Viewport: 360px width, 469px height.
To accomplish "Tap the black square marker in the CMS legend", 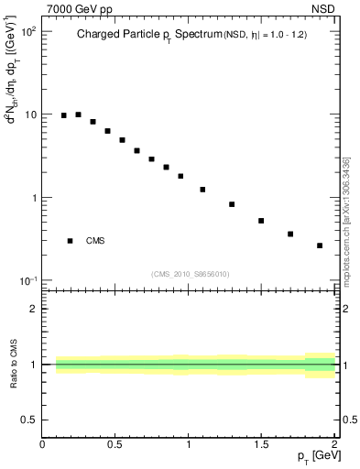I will (x=70, y=241).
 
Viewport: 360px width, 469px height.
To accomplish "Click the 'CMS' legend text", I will (x=95, y=241).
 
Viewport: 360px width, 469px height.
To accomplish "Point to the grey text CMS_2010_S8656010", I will (x=191, y=273).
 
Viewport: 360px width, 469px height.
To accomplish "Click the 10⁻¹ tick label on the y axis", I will (x=28, y=280).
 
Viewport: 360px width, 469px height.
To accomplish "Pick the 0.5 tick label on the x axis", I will (x=115, y=444).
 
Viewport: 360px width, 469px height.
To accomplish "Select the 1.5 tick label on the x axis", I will (x=261, y=444).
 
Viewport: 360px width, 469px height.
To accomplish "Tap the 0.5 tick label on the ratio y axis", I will (x=30, y=420).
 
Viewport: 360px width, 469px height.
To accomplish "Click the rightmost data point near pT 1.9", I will (x=320, y=245).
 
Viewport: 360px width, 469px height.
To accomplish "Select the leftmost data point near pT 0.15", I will (x=64, y=115).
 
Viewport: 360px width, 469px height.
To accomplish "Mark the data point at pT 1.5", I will (x=261, y=221).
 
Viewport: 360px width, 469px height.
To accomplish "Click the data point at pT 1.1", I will (x=202, y=190).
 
